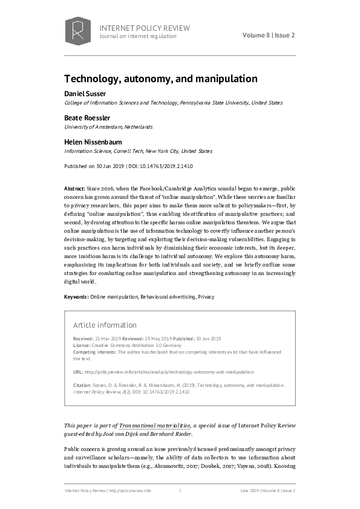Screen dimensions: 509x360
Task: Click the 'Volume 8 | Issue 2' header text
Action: click(x=269, y=35)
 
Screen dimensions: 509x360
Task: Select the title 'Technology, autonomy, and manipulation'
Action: click(x=161, y=79)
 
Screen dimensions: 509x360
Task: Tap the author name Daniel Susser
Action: click(x=85, y=94)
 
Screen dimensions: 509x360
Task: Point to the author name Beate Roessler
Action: click(x=88, y=118)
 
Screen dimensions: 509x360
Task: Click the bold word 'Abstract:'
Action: click(x=76, y=189)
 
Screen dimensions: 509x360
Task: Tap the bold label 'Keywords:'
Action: click(x=77, y=297)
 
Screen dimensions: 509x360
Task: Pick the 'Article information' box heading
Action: click(x=105, y=325)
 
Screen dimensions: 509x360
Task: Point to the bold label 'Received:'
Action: click(x=83, y=339)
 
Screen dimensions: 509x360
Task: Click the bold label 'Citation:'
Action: click(x=83, y=384)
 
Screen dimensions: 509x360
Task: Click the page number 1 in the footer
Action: click(x=180, y=491)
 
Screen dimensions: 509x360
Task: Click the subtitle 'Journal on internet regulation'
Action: click(x=138, y=36)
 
